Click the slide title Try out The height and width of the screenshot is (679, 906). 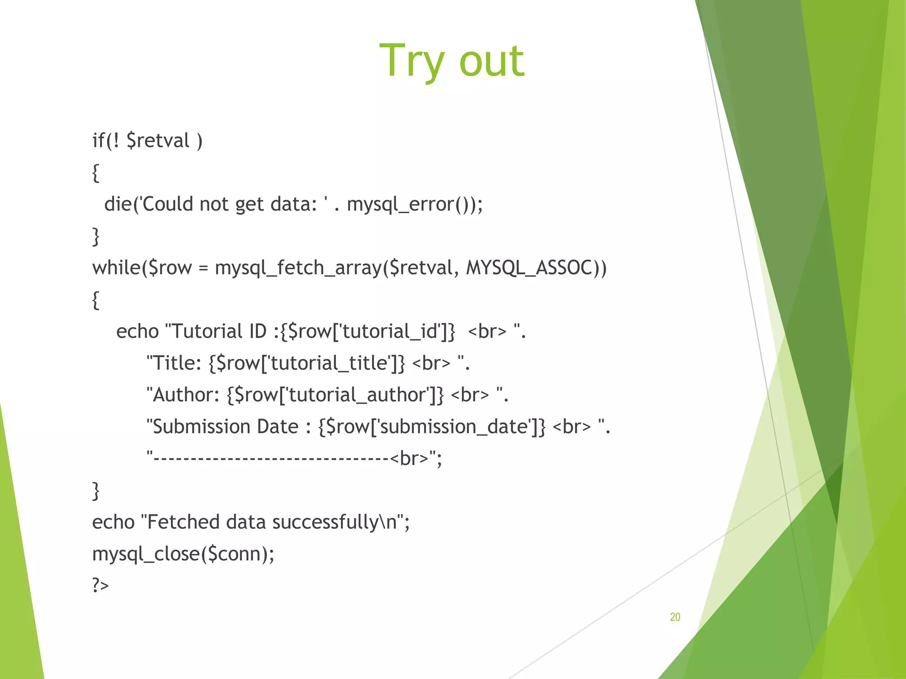(x=452, y=61)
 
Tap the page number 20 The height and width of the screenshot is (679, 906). (x=675, y=617)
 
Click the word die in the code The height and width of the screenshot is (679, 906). (x=118, y=204)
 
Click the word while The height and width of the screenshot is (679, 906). (x=116, y=268)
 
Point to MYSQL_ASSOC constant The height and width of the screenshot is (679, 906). (x=529, y=268)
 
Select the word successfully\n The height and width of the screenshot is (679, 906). (x=334, y=522)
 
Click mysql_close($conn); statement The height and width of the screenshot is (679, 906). (x=183, y=554)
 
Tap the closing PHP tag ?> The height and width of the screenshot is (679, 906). (x=100, y=585)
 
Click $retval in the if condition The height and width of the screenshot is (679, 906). (x=158, y=141)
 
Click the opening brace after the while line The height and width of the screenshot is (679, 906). (x=96, y=300)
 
